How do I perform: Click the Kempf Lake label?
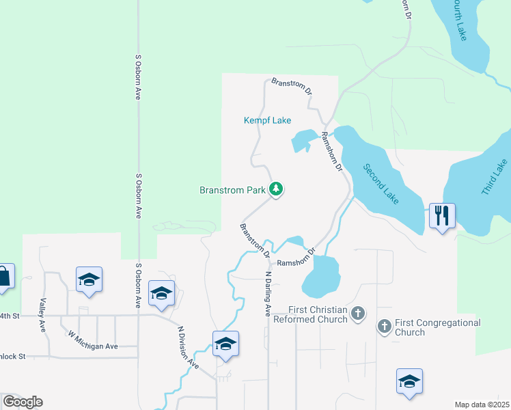coord(268,120)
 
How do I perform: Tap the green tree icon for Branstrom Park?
coord(276,189)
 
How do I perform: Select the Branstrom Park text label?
coord(232,190)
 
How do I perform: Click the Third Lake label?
coord(495,178)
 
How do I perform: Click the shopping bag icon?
coord(3,277)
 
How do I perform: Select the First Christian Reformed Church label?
coord(309,314)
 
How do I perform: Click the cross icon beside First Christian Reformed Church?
coord(358,314)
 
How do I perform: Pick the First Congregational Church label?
coord(437,327)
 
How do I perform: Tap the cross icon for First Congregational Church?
coord(384,327)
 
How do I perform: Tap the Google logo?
coord(23,402)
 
